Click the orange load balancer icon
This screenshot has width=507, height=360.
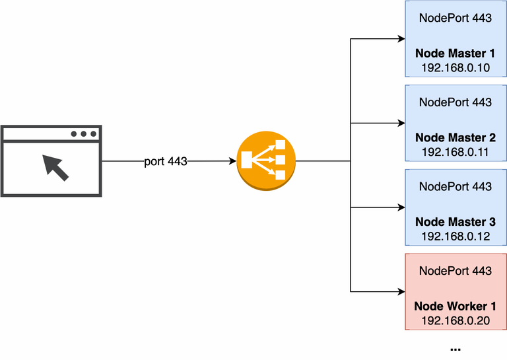tap(266, 161)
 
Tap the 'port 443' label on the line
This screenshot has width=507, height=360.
tap(166, 161)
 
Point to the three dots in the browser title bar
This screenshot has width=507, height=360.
tap(84, 134)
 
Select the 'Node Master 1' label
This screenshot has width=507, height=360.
tap(455, 54)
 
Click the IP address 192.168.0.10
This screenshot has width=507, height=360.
tap(455, 67)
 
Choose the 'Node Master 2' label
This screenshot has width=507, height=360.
tap(455, 138)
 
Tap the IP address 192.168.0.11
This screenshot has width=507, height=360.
tap(455, 152)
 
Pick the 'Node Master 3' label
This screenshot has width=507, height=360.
tap(455, 222)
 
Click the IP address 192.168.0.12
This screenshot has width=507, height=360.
tap(455, 236)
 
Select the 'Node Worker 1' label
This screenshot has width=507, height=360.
tap(455, 306)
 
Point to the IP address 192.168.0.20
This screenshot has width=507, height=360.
tap(455, 320)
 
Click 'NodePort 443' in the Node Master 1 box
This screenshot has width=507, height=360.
tap(455, 18)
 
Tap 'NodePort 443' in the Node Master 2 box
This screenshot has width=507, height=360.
tap(455, 102)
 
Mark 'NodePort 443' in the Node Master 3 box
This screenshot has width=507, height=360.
tap(455, 186)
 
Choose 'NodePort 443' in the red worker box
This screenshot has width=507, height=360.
tap(455, 271)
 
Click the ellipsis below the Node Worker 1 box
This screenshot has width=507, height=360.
tap(455, 348)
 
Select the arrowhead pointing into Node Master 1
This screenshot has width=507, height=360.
tap(400, 39)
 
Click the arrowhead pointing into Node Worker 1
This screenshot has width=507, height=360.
tap(400, 291)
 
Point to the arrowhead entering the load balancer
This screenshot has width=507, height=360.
tap(233, 161)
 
